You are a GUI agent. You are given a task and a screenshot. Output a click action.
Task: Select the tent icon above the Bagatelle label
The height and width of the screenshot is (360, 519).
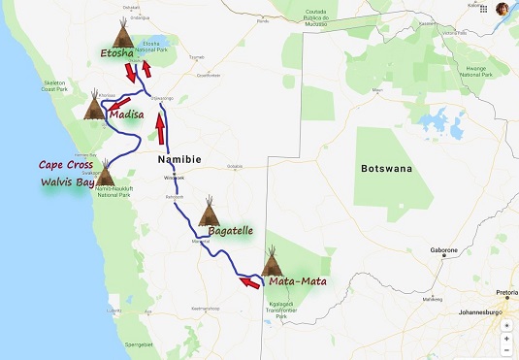(x=210, y=211)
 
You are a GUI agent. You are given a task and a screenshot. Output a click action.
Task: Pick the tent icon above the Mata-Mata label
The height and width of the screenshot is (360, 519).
(x=273, y=261)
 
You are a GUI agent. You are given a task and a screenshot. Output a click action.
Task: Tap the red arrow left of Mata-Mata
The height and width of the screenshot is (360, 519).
(x=249, y=283)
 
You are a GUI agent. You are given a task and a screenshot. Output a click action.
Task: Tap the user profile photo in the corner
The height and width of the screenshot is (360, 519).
(x=503, y=9)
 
